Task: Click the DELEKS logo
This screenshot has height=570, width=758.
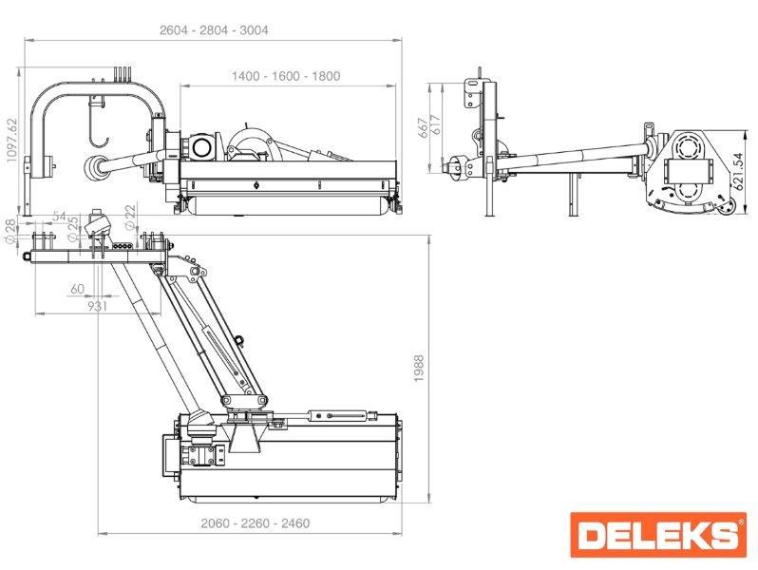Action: tap(658, 534)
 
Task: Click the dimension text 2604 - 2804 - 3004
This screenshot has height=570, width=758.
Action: tap(214, 30)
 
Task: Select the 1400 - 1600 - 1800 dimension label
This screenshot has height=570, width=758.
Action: tap(286, 76)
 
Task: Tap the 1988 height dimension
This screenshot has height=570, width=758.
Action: tap(419, 369)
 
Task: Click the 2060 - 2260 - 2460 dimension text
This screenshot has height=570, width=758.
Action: tap(256, 523)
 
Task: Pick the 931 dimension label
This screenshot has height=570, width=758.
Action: tap(97, 306)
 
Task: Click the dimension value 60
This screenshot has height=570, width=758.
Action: tap(77, 289)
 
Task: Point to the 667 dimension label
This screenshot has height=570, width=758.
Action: tap(423, 127)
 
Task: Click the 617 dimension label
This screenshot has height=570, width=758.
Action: tap(436, 125)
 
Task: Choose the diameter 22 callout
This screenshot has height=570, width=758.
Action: tap(130, 217)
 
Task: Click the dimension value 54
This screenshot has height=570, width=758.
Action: tap(60, 216)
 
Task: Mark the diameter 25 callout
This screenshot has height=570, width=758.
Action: tap(72, 228)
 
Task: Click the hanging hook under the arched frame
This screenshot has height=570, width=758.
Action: tap(98, 121)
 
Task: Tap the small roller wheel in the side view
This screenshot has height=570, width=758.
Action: tap(727, 208)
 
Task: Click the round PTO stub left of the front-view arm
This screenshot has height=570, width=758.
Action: tap(92, 167)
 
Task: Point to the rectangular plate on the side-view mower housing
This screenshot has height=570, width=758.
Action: tap(688, 171)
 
